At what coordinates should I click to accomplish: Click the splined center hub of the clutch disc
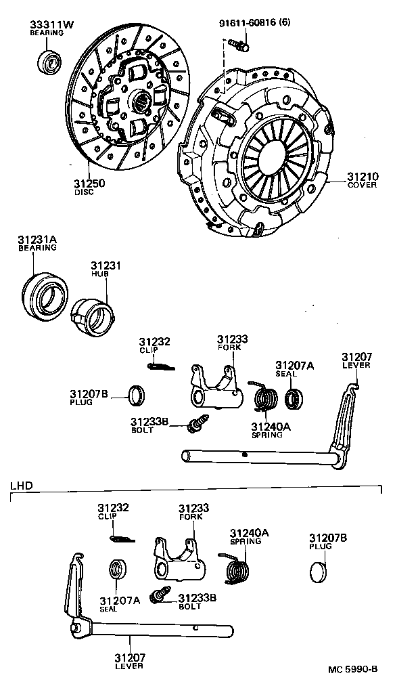[142, 102]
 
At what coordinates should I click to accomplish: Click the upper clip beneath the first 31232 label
[160, 366]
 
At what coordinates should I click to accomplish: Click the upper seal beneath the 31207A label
[294, 398]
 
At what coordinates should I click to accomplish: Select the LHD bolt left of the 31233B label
[162, 597]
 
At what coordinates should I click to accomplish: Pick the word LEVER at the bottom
[129, 666]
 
